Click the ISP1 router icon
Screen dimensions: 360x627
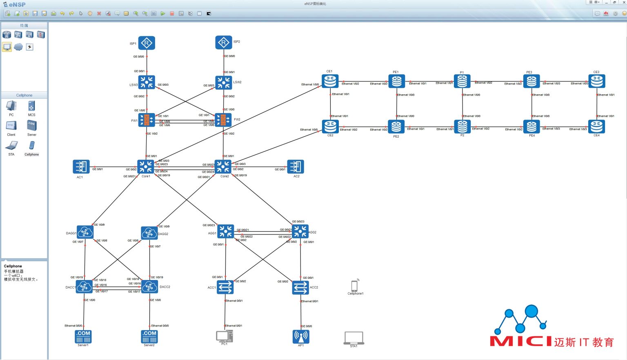pos(147,43)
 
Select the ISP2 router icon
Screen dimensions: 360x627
pos(224,42)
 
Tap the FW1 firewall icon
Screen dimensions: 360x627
pos(147,120)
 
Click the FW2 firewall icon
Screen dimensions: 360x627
pos(223,120)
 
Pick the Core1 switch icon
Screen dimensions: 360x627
pos(146,167)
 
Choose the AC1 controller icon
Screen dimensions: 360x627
pos(81,167)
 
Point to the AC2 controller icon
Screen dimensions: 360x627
pos(296,167)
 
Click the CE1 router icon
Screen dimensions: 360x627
pos(330,81)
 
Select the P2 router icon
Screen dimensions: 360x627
pos(462,127)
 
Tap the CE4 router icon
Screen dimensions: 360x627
pos(596,127)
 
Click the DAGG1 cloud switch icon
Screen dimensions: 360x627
pos(85,232)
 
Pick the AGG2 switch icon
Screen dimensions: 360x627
pos(300,231)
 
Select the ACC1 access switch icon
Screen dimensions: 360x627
pos(225,287)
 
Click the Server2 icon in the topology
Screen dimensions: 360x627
pos(149,336)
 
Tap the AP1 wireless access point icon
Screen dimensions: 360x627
pos(301,336)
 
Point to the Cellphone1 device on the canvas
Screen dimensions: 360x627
pos(354,286)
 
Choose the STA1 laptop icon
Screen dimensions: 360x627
pos(354,338)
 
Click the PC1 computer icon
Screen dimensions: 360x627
pos(224,336)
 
